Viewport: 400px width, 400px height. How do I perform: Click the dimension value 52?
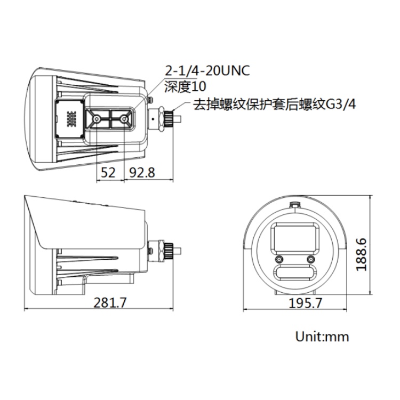[x=108, y=172]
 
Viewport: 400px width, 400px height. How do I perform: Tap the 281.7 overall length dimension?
[x=110, y=302]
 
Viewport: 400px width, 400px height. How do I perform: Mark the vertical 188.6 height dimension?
[x=363, y=247]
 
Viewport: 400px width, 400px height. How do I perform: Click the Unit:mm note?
[x=322, y=337]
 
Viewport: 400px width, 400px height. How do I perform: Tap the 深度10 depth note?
[x=185, y=87]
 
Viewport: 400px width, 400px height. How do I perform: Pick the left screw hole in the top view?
[x=97, y=118]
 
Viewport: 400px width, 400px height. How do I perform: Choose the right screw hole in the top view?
[x=124, y=118]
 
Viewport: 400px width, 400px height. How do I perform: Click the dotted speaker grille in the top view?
[x=71, y=118]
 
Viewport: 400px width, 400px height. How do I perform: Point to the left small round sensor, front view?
[x=278, y=260]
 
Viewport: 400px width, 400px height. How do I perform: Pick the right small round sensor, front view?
[x=310, y=260]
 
